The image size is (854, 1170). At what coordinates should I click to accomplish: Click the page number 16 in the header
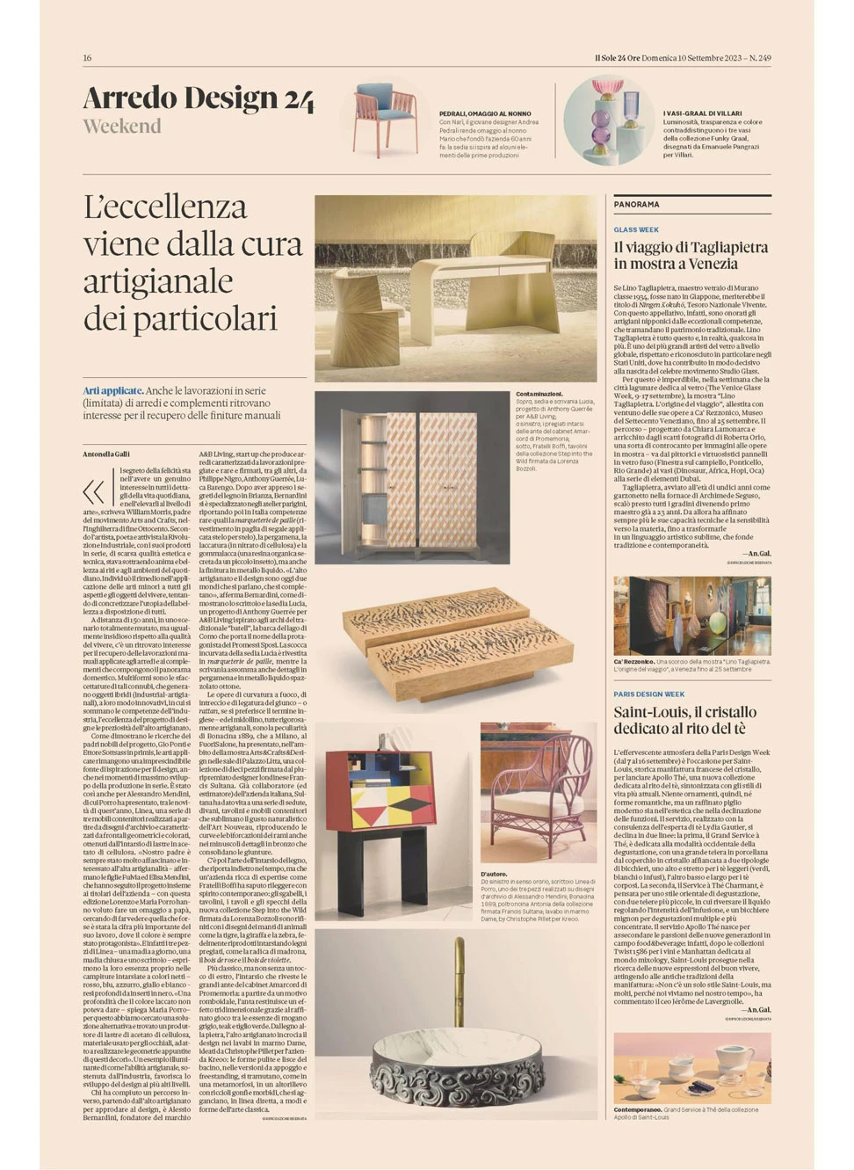[87, 58]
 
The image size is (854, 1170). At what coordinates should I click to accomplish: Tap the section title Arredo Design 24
[198, 98]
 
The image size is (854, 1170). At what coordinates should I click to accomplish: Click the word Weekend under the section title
[122, 127]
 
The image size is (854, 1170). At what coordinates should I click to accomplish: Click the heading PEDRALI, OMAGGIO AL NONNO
[485, 113]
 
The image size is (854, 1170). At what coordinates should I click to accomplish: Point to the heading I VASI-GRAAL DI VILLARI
[703, 113]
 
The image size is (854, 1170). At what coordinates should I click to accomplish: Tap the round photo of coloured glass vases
[608, 121]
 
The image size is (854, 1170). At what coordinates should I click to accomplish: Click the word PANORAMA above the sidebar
[636, 204]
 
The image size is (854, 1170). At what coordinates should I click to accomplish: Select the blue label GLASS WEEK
[636, 230]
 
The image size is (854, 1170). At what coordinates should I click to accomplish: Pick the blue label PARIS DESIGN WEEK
[648, 694]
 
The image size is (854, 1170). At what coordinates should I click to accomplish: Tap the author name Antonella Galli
[105, 454]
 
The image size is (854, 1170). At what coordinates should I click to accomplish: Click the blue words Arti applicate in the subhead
[112, 390]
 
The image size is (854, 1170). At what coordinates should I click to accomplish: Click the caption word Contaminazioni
[539, 394]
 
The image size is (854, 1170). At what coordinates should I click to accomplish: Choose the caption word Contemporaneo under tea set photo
[638, 1110]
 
